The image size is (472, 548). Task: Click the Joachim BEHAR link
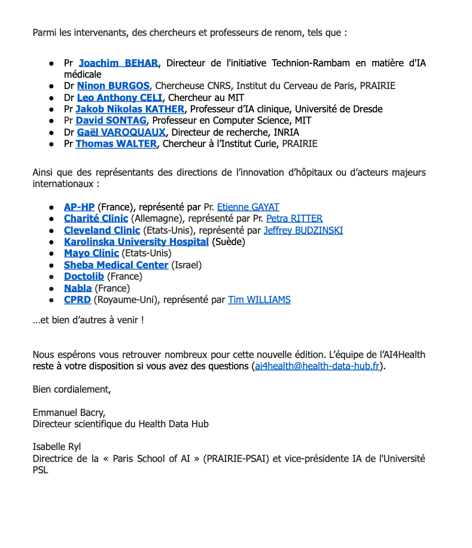[x=118, y=63]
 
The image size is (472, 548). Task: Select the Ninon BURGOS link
[x=113, y=86]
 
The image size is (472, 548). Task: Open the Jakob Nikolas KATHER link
[x=130, y=109]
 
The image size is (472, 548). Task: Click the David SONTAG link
[x=111, y=121]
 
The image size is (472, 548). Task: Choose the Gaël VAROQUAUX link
[x=121, y=132]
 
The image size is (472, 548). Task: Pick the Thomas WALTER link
[x=116, y=144]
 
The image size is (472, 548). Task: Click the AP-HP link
[x=79, y=207]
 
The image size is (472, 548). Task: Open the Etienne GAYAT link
[x=248, y=207]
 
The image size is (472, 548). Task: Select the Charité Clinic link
[x=96, y=219]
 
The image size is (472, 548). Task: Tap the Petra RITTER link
[x=294, y=219]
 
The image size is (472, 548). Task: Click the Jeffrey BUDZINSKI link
[x=303, y=230]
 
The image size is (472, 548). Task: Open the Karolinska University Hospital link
[x=136, y=242]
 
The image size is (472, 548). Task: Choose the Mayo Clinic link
[x=92, y=253]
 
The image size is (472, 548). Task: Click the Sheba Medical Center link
[x=116, y=265]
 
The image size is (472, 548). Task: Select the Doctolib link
[x=84, y=277]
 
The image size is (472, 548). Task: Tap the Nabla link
[x=78, y=288]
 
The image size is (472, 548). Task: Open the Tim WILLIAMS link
[x=259, y=300]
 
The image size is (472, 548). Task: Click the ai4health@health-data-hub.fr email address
[x=318, y=366]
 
